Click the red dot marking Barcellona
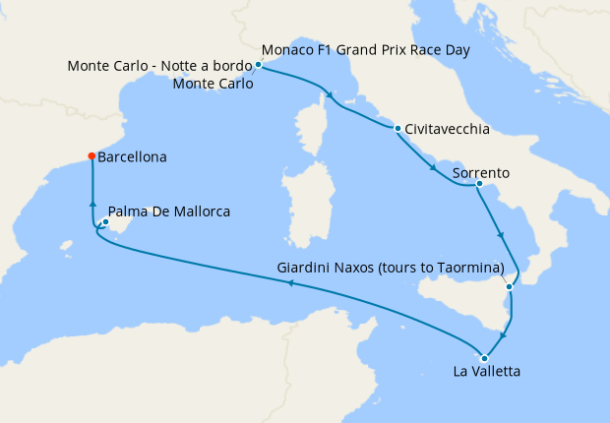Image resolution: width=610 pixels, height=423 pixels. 91,155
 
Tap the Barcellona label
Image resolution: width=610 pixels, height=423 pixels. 132,156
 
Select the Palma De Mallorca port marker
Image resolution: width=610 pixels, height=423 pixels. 105,220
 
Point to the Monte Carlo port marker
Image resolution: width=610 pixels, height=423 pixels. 258,65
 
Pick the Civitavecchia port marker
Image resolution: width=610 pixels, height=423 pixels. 397,128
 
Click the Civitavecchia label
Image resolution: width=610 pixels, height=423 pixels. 448,129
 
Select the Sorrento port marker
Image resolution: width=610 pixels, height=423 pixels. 478,183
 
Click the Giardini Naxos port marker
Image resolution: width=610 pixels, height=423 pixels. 509,286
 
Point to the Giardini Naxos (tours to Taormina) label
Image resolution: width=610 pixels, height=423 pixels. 391,268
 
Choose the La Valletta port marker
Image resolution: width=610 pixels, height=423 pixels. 484,358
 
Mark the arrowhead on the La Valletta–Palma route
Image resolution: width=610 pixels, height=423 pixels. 289,283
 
